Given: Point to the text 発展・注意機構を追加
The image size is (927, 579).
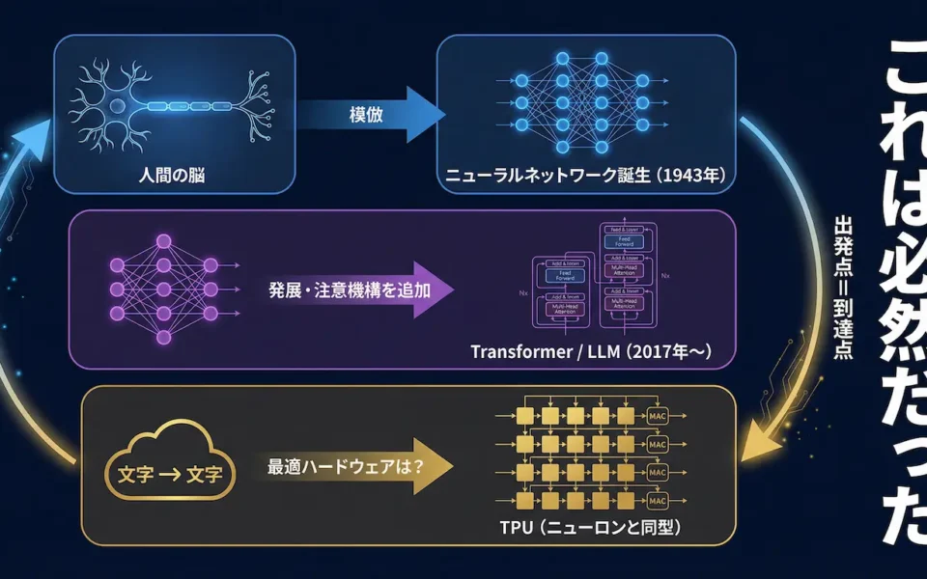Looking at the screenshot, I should (349, 288).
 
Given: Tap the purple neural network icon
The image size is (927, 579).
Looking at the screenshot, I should (163, 288).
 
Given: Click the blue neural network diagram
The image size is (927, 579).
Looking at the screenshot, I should (580, 101).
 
